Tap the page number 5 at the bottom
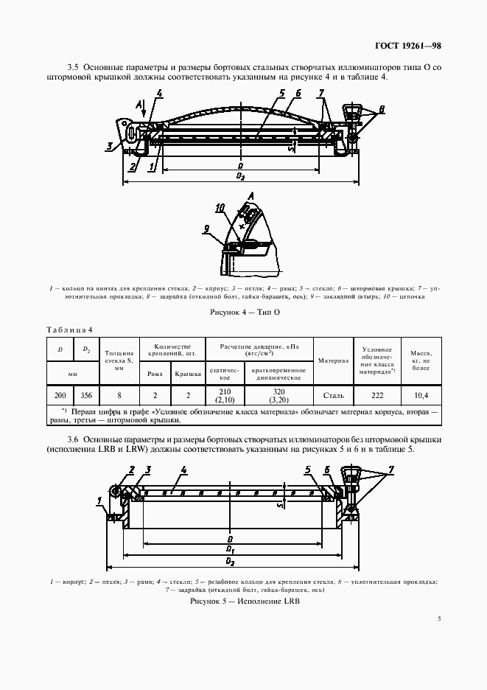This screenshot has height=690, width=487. coord(438,619)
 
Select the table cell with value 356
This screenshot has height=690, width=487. coord(86,394)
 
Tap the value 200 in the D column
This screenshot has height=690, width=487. coord(60,394)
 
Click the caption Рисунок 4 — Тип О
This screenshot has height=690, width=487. coord(243,312)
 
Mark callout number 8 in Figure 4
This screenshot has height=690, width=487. coord(382,108)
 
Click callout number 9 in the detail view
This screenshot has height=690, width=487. coord(208,228)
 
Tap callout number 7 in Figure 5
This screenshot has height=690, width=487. coord(391,469)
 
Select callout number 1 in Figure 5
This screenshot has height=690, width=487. coord(98,501)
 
